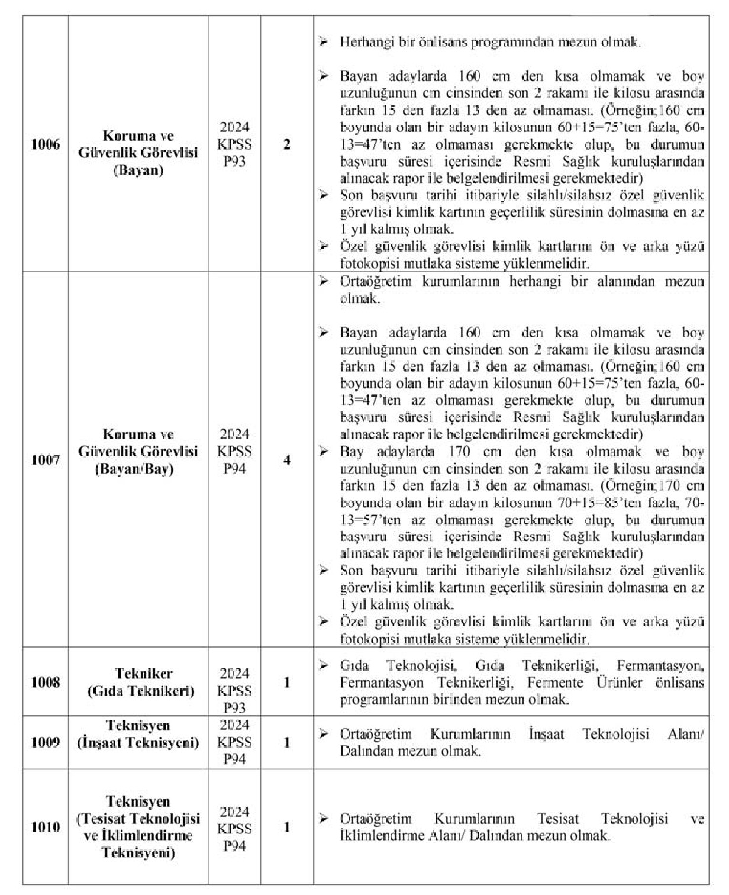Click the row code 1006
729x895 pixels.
click(x=46, y=144)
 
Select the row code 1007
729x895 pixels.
click(x=46, y=460)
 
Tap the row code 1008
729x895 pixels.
click(x=46, y=682)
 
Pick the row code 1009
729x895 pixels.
click(x=46, y=742)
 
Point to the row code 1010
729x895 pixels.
click(x=46, y=827)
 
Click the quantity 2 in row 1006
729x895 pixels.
click(x=287, y=144)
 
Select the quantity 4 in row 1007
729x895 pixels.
click(x=287, y=460)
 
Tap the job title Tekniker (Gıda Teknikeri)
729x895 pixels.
click(x=138, y=682)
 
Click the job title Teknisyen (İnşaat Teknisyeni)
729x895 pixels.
click(x=138, y=734)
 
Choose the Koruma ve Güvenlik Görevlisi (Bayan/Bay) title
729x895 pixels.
click(x=138, y=452)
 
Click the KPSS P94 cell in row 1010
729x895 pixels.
click(x=234, y=829)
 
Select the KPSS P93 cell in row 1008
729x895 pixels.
click(x=234, y=690)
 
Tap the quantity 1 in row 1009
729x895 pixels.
click(x=287, y=742)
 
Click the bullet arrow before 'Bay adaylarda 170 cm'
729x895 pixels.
click(x=323, y=452)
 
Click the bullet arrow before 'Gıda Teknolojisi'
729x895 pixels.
click(x=323, y=665)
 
